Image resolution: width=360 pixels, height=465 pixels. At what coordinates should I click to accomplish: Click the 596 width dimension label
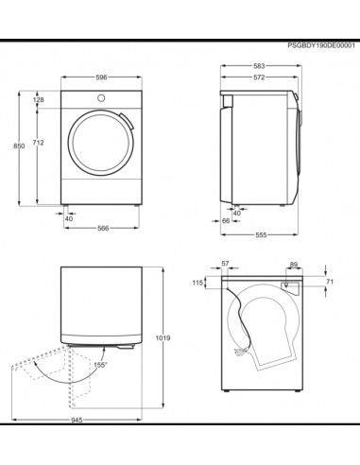(x=101, y=77)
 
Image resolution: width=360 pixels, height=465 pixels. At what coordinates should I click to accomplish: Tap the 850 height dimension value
(x=19, y=146)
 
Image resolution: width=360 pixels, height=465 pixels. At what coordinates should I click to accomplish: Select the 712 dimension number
(x=39, y=143)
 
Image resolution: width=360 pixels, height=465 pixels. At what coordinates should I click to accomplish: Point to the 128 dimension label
(x=39, y=100)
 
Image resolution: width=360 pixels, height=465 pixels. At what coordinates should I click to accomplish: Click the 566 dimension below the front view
(x=103, y=228)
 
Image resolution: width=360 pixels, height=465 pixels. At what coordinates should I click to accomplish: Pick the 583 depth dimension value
(x=259, y=66)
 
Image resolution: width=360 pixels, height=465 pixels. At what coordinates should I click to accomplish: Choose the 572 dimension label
(x=259, y=77)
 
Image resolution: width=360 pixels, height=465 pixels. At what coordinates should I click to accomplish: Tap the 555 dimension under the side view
(x=261, y=235)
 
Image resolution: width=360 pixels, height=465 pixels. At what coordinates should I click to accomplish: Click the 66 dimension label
(x=226, y=221)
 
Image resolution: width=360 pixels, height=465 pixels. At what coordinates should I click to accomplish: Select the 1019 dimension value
(x=163, y=338)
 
